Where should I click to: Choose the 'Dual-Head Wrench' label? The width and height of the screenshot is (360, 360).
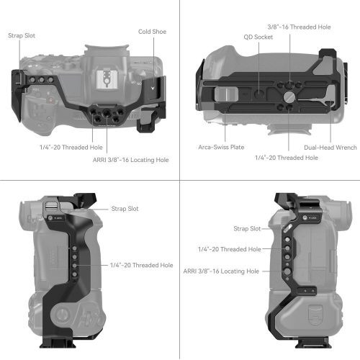(329, 148)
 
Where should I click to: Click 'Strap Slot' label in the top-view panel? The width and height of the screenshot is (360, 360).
(23, 35)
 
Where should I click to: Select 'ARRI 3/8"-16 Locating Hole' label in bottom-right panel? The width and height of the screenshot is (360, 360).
(222, 271)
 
